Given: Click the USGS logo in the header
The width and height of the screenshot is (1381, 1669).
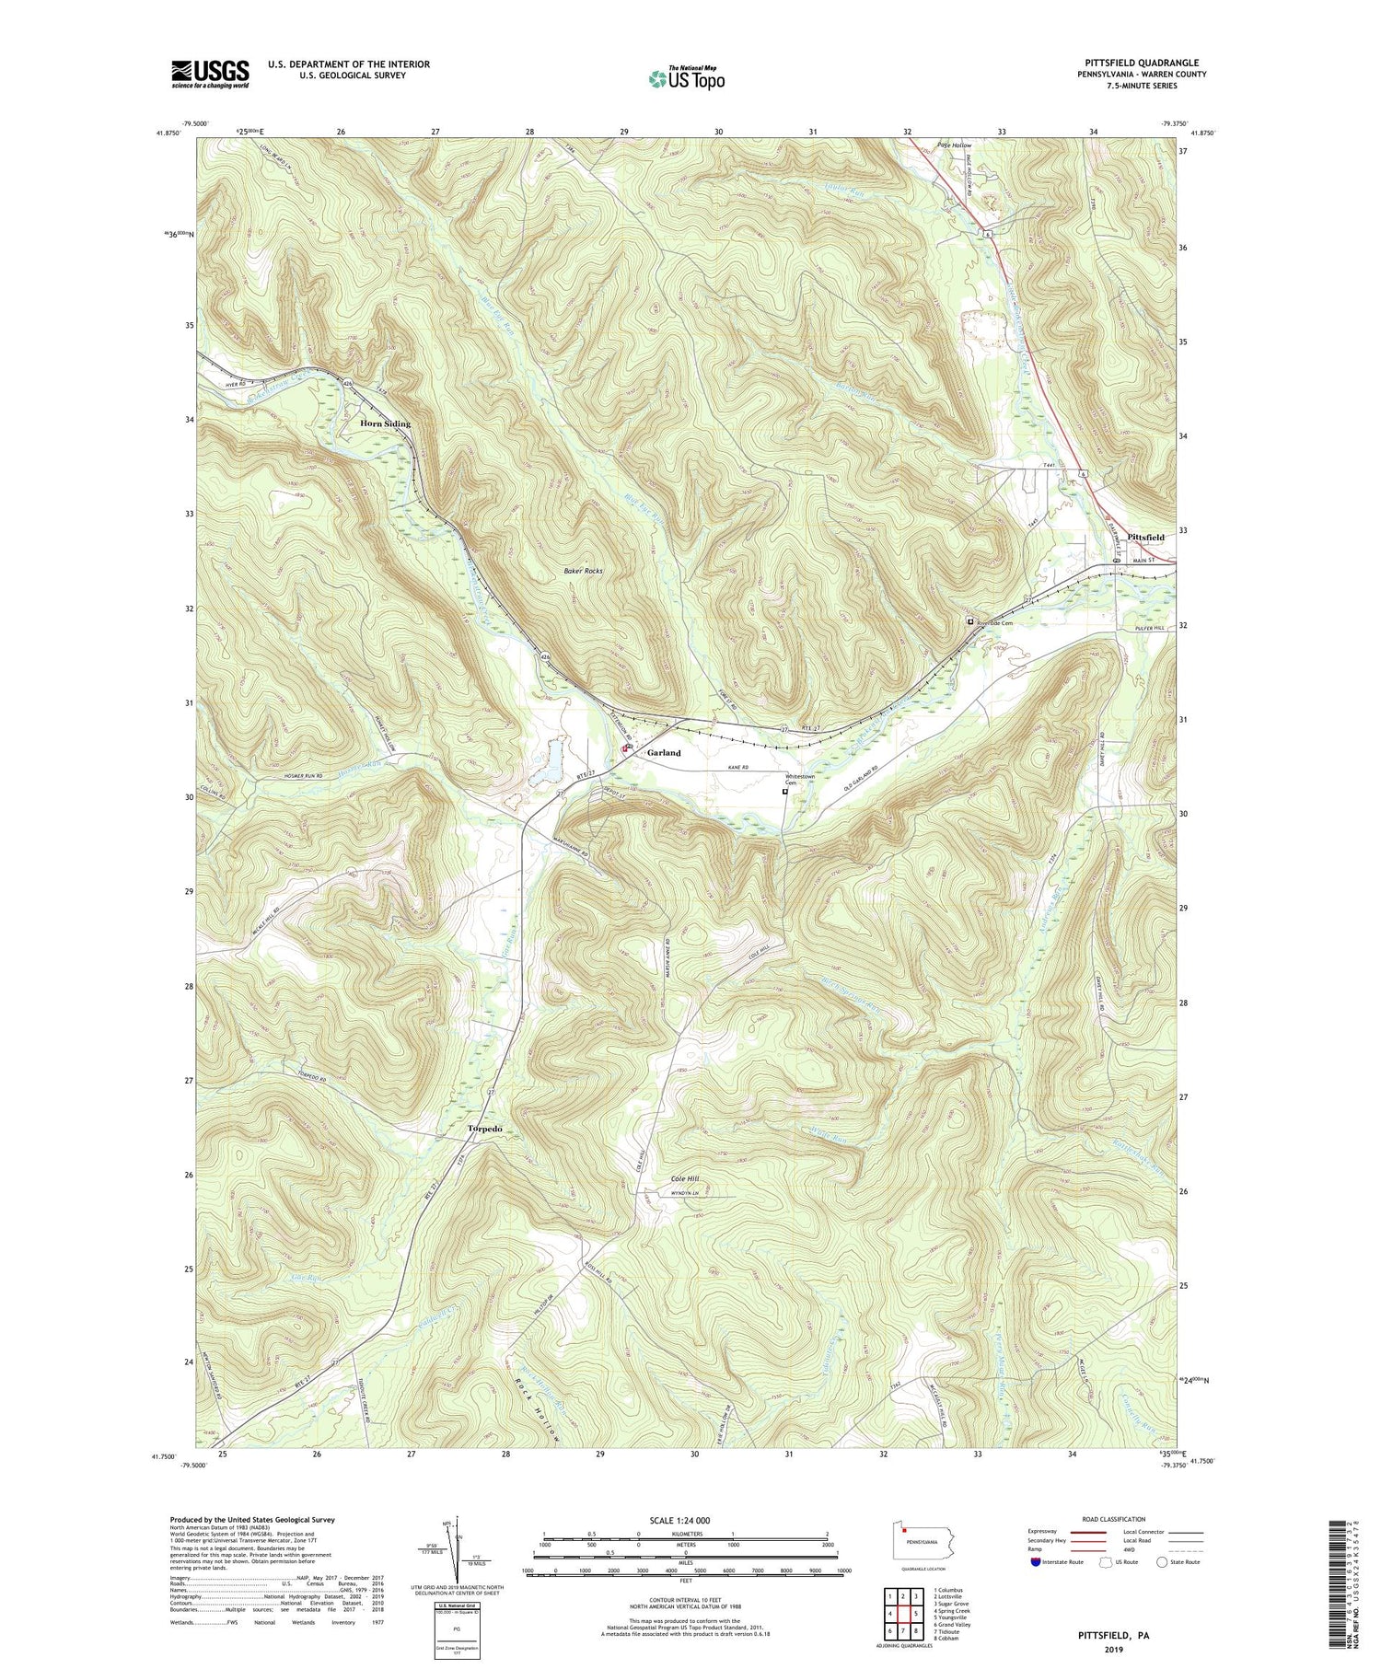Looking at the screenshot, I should point(209,73).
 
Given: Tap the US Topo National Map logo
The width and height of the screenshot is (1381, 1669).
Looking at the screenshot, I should point(685,79).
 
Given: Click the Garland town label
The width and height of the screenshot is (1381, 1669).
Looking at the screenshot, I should point(664,753).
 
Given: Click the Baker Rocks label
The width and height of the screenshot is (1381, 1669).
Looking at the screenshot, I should point(583,572).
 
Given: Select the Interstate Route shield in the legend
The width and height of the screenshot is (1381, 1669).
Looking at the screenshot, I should point(1036,1562).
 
